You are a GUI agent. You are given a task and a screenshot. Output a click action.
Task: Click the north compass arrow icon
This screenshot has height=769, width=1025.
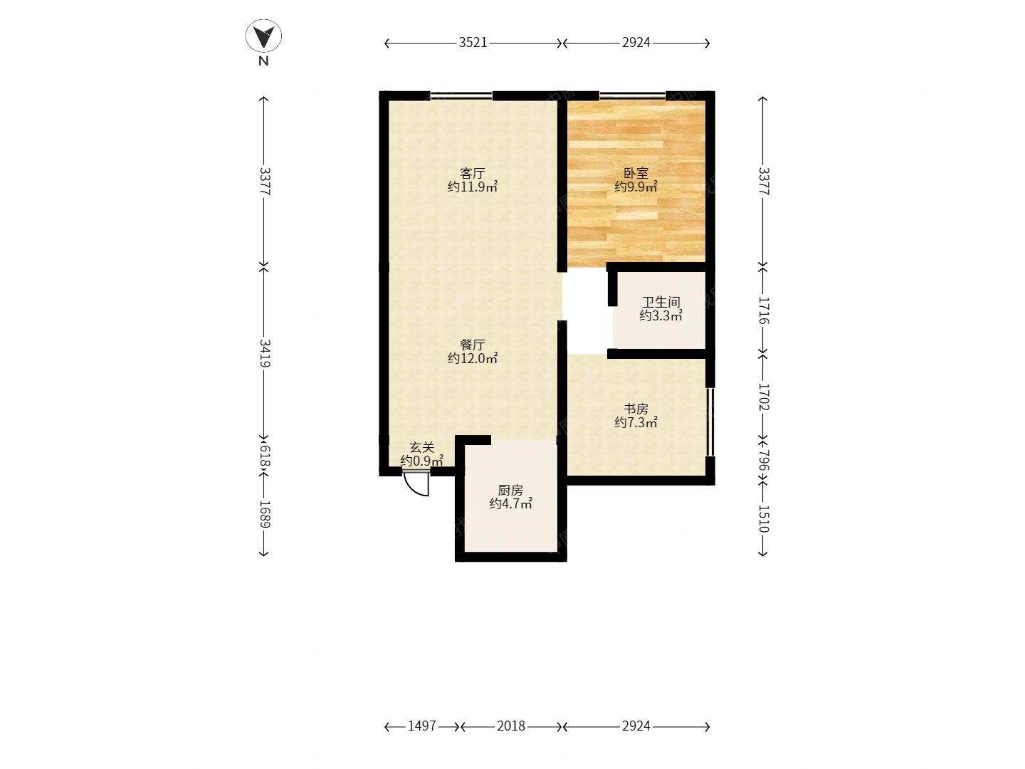click(x=263, y=36)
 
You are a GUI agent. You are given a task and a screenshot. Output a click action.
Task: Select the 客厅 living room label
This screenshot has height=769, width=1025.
click(x=472, y=173)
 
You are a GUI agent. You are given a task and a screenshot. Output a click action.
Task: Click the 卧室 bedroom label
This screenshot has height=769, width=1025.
click(x=636, y=173)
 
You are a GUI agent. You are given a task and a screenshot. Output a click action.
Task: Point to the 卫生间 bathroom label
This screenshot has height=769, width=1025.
click(x=661, y=302)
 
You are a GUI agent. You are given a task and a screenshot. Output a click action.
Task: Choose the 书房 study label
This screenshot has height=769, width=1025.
click(x=636, y=409)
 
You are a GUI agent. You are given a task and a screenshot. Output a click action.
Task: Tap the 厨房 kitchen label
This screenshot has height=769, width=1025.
click(x=510, y=491)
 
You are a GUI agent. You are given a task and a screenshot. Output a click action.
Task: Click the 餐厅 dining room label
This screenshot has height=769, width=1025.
click(x=472, y=345)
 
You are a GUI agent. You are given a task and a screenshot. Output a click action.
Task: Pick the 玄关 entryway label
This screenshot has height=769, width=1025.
click(x=421, y=448)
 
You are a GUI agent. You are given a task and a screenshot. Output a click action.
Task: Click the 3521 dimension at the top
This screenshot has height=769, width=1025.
click(x=473, y=43)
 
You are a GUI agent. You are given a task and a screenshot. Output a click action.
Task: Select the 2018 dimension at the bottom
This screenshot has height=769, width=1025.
click(x=511, y=726)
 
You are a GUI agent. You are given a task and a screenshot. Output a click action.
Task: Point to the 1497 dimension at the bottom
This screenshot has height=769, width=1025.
click(x=421, y=726)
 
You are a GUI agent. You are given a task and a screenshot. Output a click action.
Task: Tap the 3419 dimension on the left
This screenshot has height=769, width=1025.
click(x=265, y=353)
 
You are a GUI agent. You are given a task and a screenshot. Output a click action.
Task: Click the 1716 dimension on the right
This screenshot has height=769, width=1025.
click(x=764, y=310)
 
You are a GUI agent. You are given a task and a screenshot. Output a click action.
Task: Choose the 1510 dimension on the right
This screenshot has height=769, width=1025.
click(x=764, y=519)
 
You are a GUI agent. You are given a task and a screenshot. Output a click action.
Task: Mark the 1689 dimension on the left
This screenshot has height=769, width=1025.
click(x=265, y=515)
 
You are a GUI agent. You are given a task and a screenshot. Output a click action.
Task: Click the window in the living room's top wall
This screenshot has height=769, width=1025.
click(x=461, y=95)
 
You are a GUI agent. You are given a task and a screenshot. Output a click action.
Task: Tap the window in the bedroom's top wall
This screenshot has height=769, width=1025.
click(x=632, y=95)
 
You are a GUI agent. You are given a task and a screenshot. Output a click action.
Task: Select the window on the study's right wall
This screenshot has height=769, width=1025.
click(x=710, y=422)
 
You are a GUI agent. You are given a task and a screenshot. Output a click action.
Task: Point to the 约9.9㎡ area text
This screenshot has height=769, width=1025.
click(x=636, y=187)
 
